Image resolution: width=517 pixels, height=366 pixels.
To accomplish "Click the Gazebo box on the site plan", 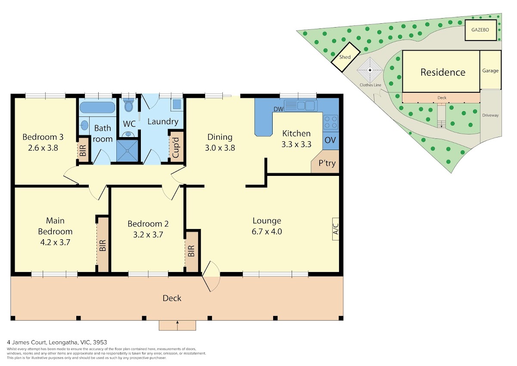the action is pos(480,30).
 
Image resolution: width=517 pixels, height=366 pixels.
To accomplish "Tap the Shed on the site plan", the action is pos(346,57).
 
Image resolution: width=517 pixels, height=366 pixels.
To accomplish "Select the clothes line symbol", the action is pos(370,70).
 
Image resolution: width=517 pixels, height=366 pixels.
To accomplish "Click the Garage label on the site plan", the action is pos(490,71).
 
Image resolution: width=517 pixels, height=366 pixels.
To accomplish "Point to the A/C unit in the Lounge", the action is pos(336,229).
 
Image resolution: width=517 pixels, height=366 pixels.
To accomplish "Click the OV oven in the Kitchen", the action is pos(330,141).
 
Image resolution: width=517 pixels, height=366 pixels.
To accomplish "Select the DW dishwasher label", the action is pos(278,109).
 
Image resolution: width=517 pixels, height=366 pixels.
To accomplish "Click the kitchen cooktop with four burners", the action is pos(330,122).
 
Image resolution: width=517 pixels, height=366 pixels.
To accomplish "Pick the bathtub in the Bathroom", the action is pos(97,107).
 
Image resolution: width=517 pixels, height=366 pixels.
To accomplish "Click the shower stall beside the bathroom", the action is pos(128,150).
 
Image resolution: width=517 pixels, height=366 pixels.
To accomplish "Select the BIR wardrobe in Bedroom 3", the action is pos(83,150).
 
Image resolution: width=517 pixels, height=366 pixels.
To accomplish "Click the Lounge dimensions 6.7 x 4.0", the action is pos(267,231).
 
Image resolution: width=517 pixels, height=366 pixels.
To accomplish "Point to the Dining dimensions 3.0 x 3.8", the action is pos(220,147).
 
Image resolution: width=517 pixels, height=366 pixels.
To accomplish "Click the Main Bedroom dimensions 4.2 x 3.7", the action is pos(55,242).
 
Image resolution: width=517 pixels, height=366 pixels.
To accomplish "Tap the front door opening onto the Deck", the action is pos(211,276).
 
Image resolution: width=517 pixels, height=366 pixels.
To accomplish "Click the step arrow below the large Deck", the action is pos(177,325).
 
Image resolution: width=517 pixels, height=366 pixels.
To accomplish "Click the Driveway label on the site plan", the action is pos(490,115).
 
